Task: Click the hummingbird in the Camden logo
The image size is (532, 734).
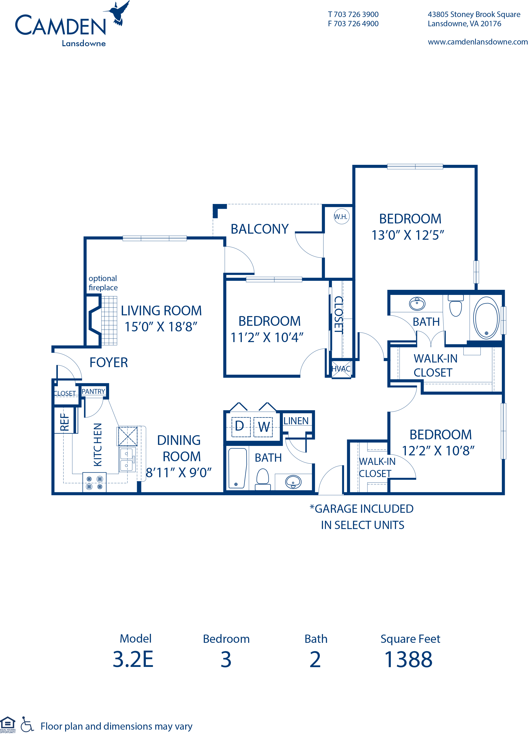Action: pyautogui.click(x=118, y=14)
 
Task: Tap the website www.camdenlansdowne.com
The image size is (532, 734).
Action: pyautogui.click(x=478, y=42)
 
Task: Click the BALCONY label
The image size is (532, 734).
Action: pyautogui.click(x=260, y=229)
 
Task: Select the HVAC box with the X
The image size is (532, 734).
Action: pyautogui.click(x=341, y=369)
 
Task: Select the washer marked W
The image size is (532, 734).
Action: pyautogui.click(x=263, y=427)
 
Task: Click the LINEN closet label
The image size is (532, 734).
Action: pyautogui.click(x=296, y=421)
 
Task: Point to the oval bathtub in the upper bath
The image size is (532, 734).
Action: pyautogui.click(x=486, y=318)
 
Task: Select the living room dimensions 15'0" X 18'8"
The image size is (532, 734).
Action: pyautogui.click(x=161, y=327)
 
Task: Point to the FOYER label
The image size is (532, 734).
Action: pyautogui.click(x=109, y=363)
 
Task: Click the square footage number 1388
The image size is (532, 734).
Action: pyautogui.click(x=408, y=660)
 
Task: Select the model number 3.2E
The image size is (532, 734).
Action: pyautogui.click(x=133, y=660)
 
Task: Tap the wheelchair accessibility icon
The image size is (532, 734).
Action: pyautogui.click(x=27, y=725)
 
